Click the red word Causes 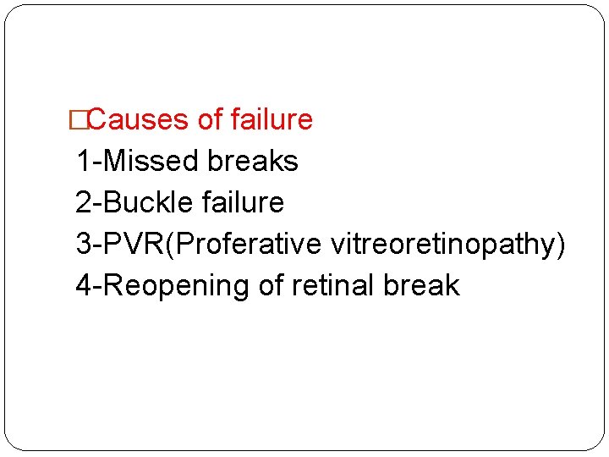(x=138, y=120)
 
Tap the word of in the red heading (x=211, y=120)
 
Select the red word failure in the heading (x=272, y=120)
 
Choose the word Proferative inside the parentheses (x=248, y=244)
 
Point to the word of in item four (x=271, y=285)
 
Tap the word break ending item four (x=421, y=285)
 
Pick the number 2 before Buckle (x=83, y=202)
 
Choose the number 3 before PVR (x=83, y=244)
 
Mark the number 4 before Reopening (x=84, y=285)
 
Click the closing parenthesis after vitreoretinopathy (x=561, y=245)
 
